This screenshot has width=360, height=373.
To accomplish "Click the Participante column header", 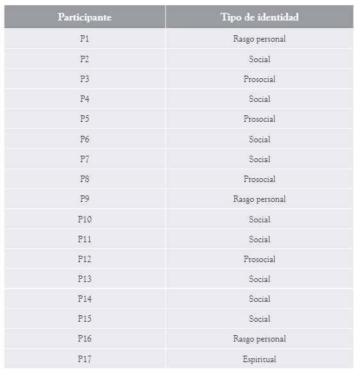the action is pos(85,17).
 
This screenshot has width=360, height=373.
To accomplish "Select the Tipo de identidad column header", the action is pos(259,17).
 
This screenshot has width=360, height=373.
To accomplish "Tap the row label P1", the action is pos(85,38).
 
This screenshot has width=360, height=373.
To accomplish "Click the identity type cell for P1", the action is pos(259,38).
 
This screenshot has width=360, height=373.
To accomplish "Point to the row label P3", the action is pos(85,79).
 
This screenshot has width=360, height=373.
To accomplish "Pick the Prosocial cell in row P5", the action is pos(259,119).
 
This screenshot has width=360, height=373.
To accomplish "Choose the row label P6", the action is pos(85,139).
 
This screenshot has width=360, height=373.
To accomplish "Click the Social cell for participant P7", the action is pos(259,159).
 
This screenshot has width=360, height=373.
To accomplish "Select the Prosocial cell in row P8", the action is pos(259,179).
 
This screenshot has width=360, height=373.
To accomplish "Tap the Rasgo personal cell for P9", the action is pos(259,199).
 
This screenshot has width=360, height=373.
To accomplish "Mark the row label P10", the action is pos(85,219).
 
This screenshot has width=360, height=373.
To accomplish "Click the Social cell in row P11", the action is pos(259,239).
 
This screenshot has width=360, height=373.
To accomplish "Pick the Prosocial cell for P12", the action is pos(259,259).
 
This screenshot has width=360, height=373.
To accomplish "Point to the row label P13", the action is pos(85,279).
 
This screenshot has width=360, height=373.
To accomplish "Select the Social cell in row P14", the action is pos(259,299).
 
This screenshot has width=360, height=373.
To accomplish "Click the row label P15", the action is pos(85,319).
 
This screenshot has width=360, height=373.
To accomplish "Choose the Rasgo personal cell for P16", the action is pos(259,338).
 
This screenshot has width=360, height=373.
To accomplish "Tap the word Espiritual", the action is pos(259,359).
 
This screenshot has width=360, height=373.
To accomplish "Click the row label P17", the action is pos(85,359).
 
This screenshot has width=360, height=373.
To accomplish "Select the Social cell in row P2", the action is pos(259,59).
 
